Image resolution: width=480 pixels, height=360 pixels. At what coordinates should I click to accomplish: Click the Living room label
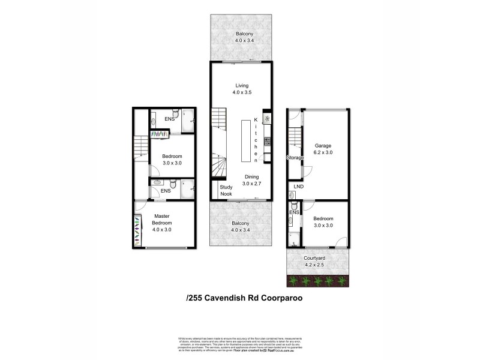point(240,85)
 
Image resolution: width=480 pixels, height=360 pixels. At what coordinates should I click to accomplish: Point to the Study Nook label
point(226,191)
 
